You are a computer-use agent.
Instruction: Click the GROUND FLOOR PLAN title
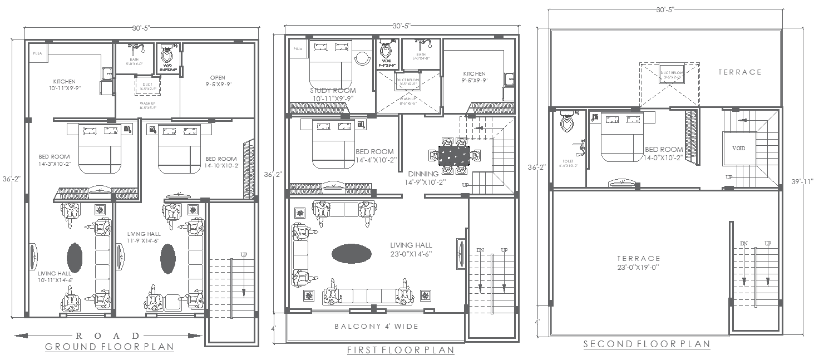(x=109, y=347)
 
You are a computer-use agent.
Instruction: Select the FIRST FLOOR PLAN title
(x=401, y=350)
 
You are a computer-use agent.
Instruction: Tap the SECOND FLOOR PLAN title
(x=647, y=344)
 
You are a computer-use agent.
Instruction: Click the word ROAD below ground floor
(x=108, y=336)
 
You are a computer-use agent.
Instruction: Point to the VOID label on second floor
(x=738, y=149)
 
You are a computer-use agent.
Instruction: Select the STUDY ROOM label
(x=333, y=91)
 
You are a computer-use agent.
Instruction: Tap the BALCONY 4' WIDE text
(x=376, y=326)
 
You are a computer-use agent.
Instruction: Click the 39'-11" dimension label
(x=801, y=181)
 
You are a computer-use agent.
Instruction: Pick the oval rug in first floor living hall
(x=351, y=254)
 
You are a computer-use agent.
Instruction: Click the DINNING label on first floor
(x=423, y=174)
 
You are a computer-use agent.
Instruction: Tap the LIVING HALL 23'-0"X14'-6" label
(x=411, y=249)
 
